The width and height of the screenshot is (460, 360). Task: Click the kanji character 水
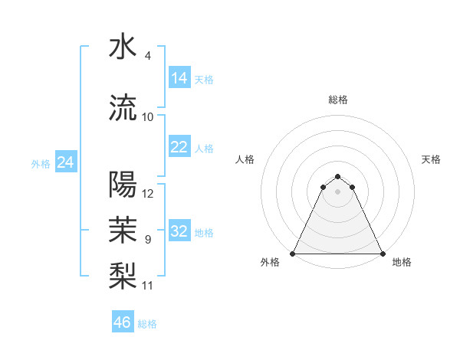point(123,47)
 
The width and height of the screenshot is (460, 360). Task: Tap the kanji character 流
point(123,107)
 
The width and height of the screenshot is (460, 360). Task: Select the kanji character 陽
point(123,185)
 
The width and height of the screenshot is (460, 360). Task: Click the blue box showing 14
point(179,78)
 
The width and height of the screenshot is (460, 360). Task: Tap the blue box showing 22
point(179,147)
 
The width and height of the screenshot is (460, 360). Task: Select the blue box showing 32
point(179,231)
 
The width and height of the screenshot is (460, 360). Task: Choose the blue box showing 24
point(66,162)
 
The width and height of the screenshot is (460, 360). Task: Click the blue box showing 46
point(123,322)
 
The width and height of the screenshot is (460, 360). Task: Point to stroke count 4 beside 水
point(148,56)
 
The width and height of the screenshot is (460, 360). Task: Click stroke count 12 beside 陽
point(148,194)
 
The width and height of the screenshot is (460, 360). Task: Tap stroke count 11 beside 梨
point(148,286)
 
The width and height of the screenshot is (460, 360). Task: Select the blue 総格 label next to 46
point(147,324)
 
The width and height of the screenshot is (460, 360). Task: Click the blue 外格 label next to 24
point(41,163)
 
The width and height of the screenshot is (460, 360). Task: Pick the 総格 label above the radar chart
point(338,100)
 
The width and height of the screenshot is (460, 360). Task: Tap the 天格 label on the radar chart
point(432,159)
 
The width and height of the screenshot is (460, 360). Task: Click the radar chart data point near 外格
point(293,253)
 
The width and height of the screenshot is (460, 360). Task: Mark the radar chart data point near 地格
point(383,253)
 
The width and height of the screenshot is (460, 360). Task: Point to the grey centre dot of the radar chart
point(338,191)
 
